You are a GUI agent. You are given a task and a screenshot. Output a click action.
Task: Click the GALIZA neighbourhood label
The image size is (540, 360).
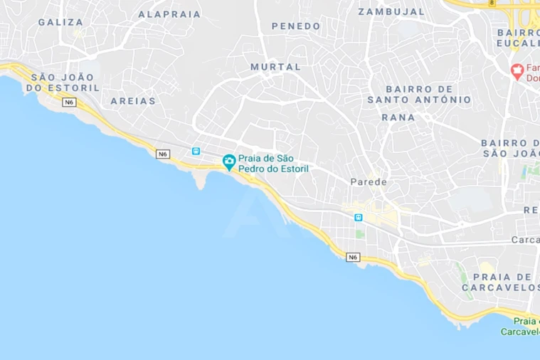[x=60, y=22]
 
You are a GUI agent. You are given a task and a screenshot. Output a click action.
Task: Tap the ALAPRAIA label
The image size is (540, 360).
[x=169, y=14]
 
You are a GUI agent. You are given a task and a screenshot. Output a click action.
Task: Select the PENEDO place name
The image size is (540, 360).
[x=296, y=26]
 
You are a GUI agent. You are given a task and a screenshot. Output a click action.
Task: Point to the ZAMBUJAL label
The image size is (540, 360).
[x=391, y=11]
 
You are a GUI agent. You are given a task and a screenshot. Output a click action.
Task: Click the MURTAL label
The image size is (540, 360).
[x=275, y=67]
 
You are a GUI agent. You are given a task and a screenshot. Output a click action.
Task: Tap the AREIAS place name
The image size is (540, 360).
[x=133, y=101]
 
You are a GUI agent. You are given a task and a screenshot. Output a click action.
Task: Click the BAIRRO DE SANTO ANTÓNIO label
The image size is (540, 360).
[x=419, y=94]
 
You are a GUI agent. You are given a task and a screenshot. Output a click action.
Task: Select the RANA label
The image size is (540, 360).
[x=398, y=117]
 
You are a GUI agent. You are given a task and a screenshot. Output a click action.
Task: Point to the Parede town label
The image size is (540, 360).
[x=369, y=182]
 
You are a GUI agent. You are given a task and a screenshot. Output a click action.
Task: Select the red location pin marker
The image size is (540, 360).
[x=517, y=70]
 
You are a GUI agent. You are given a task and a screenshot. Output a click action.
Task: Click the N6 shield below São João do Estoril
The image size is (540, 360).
[x=69, y=102]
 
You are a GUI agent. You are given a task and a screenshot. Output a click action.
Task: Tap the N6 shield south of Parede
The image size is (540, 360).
[x=353, y=257]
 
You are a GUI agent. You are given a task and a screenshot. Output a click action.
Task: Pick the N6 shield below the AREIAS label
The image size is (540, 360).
[x=163, y=154]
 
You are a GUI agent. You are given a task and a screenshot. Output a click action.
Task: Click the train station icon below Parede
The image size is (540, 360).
[x=359, y=218]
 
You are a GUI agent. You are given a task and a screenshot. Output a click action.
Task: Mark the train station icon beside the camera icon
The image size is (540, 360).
[x=196, y=152]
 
